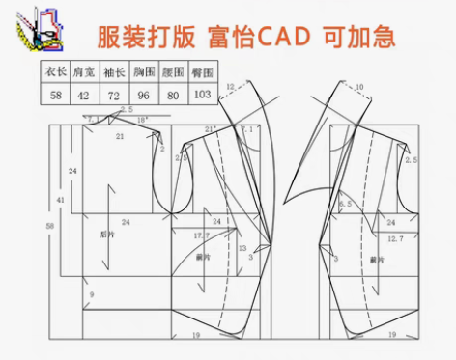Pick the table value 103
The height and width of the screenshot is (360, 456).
coord(201,93)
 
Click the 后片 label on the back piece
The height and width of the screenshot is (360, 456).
coord(107,234)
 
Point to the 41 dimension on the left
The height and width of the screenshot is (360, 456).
coord(60,200)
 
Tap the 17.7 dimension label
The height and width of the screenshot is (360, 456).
coord(201,236)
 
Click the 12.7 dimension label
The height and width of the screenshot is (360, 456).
coord(396,237)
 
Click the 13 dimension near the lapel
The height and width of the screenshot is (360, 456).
coord(242,249)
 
